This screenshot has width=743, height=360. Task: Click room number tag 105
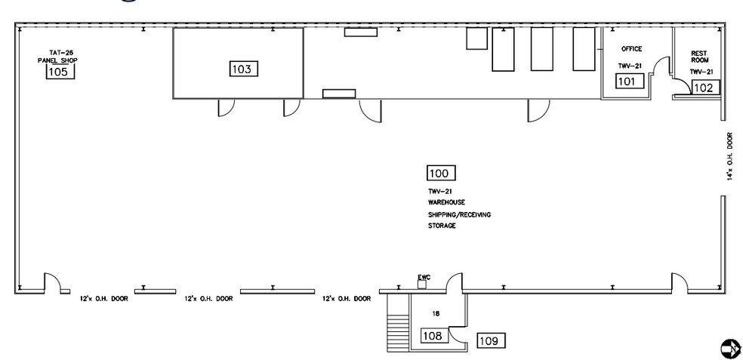click(x=60, y=72)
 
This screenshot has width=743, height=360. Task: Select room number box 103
click(x=244, y=69)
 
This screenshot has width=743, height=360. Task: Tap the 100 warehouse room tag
click(x=441, y=174)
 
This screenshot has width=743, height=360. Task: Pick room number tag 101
click(x=630, y=82)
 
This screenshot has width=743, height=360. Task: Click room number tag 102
click(x=705, y=88)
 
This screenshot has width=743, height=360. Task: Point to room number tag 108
click(x=434, y=336)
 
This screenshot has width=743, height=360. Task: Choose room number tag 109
click(x=491, y=340)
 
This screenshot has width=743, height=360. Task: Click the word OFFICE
click(x=632, y=49)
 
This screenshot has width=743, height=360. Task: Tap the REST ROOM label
click(x=699, y=57)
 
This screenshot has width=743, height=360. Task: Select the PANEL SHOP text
click(x=57, y=60)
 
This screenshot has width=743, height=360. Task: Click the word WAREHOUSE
click(x=446, y=202)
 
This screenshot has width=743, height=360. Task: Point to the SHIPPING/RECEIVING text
click(x=459, y=214)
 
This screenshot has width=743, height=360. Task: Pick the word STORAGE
click(x=442, y=226)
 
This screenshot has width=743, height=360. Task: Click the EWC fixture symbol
click(x=422, y=285)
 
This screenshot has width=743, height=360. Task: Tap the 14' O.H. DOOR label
click(x=730, y=155)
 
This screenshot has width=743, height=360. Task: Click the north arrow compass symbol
click(x=730, y=349)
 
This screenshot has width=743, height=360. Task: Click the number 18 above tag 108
click(x=436, y=313)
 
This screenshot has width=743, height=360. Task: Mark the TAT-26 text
click(x=61, y=53)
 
